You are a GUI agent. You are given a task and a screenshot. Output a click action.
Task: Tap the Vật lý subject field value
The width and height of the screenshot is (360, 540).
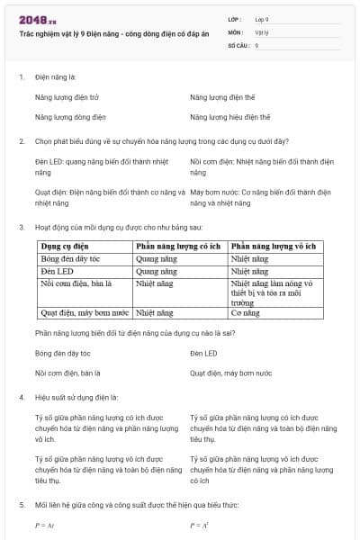click(261, 31)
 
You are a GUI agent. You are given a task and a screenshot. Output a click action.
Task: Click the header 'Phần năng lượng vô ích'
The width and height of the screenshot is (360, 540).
click(274, 246)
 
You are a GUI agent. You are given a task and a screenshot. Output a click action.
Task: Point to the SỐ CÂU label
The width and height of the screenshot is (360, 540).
click(238, 45)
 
